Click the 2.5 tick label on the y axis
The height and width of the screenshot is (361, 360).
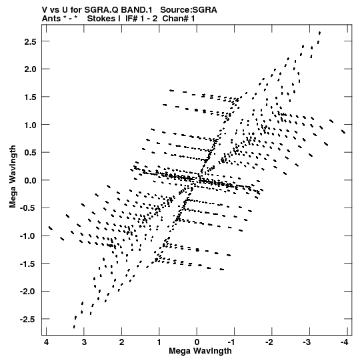30,41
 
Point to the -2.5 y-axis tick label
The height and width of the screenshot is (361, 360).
28,320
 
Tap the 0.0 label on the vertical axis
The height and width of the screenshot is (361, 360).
30,180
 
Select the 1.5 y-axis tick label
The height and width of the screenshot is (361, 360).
30,97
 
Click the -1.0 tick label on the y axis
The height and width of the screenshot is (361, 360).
28,236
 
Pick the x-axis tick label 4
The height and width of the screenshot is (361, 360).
46,342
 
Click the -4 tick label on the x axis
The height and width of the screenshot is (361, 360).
344,342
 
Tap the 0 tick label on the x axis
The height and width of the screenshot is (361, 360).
197,342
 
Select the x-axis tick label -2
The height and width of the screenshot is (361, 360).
269,342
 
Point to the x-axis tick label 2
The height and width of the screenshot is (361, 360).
121,342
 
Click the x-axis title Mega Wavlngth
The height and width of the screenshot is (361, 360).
200,351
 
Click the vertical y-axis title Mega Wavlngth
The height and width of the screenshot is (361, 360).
13,177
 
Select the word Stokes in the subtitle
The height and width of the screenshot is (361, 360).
101,19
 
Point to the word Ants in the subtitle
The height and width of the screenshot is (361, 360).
51,19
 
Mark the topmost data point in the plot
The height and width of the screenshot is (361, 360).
319,33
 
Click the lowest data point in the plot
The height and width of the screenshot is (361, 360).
74,327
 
